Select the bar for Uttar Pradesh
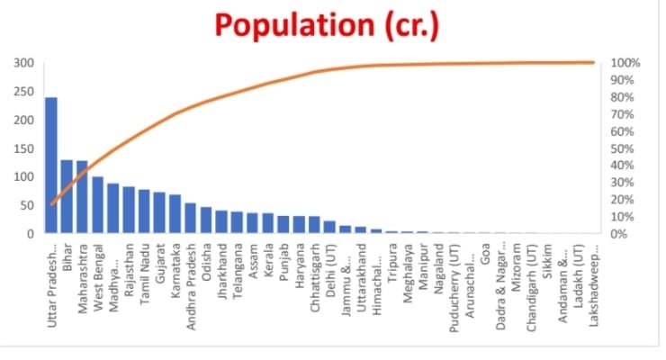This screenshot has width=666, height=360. click(51, 166)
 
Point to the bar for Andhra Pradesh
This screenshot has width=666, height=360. click(190, 219)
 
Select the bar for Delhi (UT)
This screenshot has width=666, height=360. click(329, 227)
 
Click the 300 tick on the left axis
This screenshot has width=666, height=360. click(24, 64)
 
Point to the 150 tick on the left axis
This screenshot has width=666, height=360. click(24, 148)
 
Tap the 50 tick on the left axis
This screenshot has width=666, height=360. click(27, 205)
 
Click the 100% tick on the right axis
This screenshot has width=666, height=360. click(625, 64)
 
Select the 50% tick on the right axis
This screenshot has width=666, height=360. click(622, 148)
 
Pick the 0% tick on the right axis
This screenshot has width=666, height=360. click(619, 234)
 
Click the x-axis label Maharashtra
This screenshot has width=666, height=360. click(83, 269)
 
